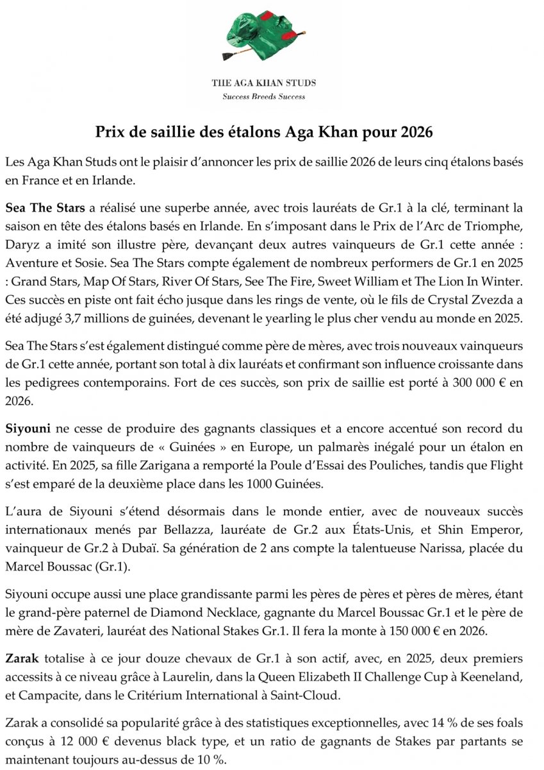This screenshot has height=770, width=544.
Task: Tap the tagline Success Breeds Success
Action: pyautogui.click(x=263, y=98)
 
